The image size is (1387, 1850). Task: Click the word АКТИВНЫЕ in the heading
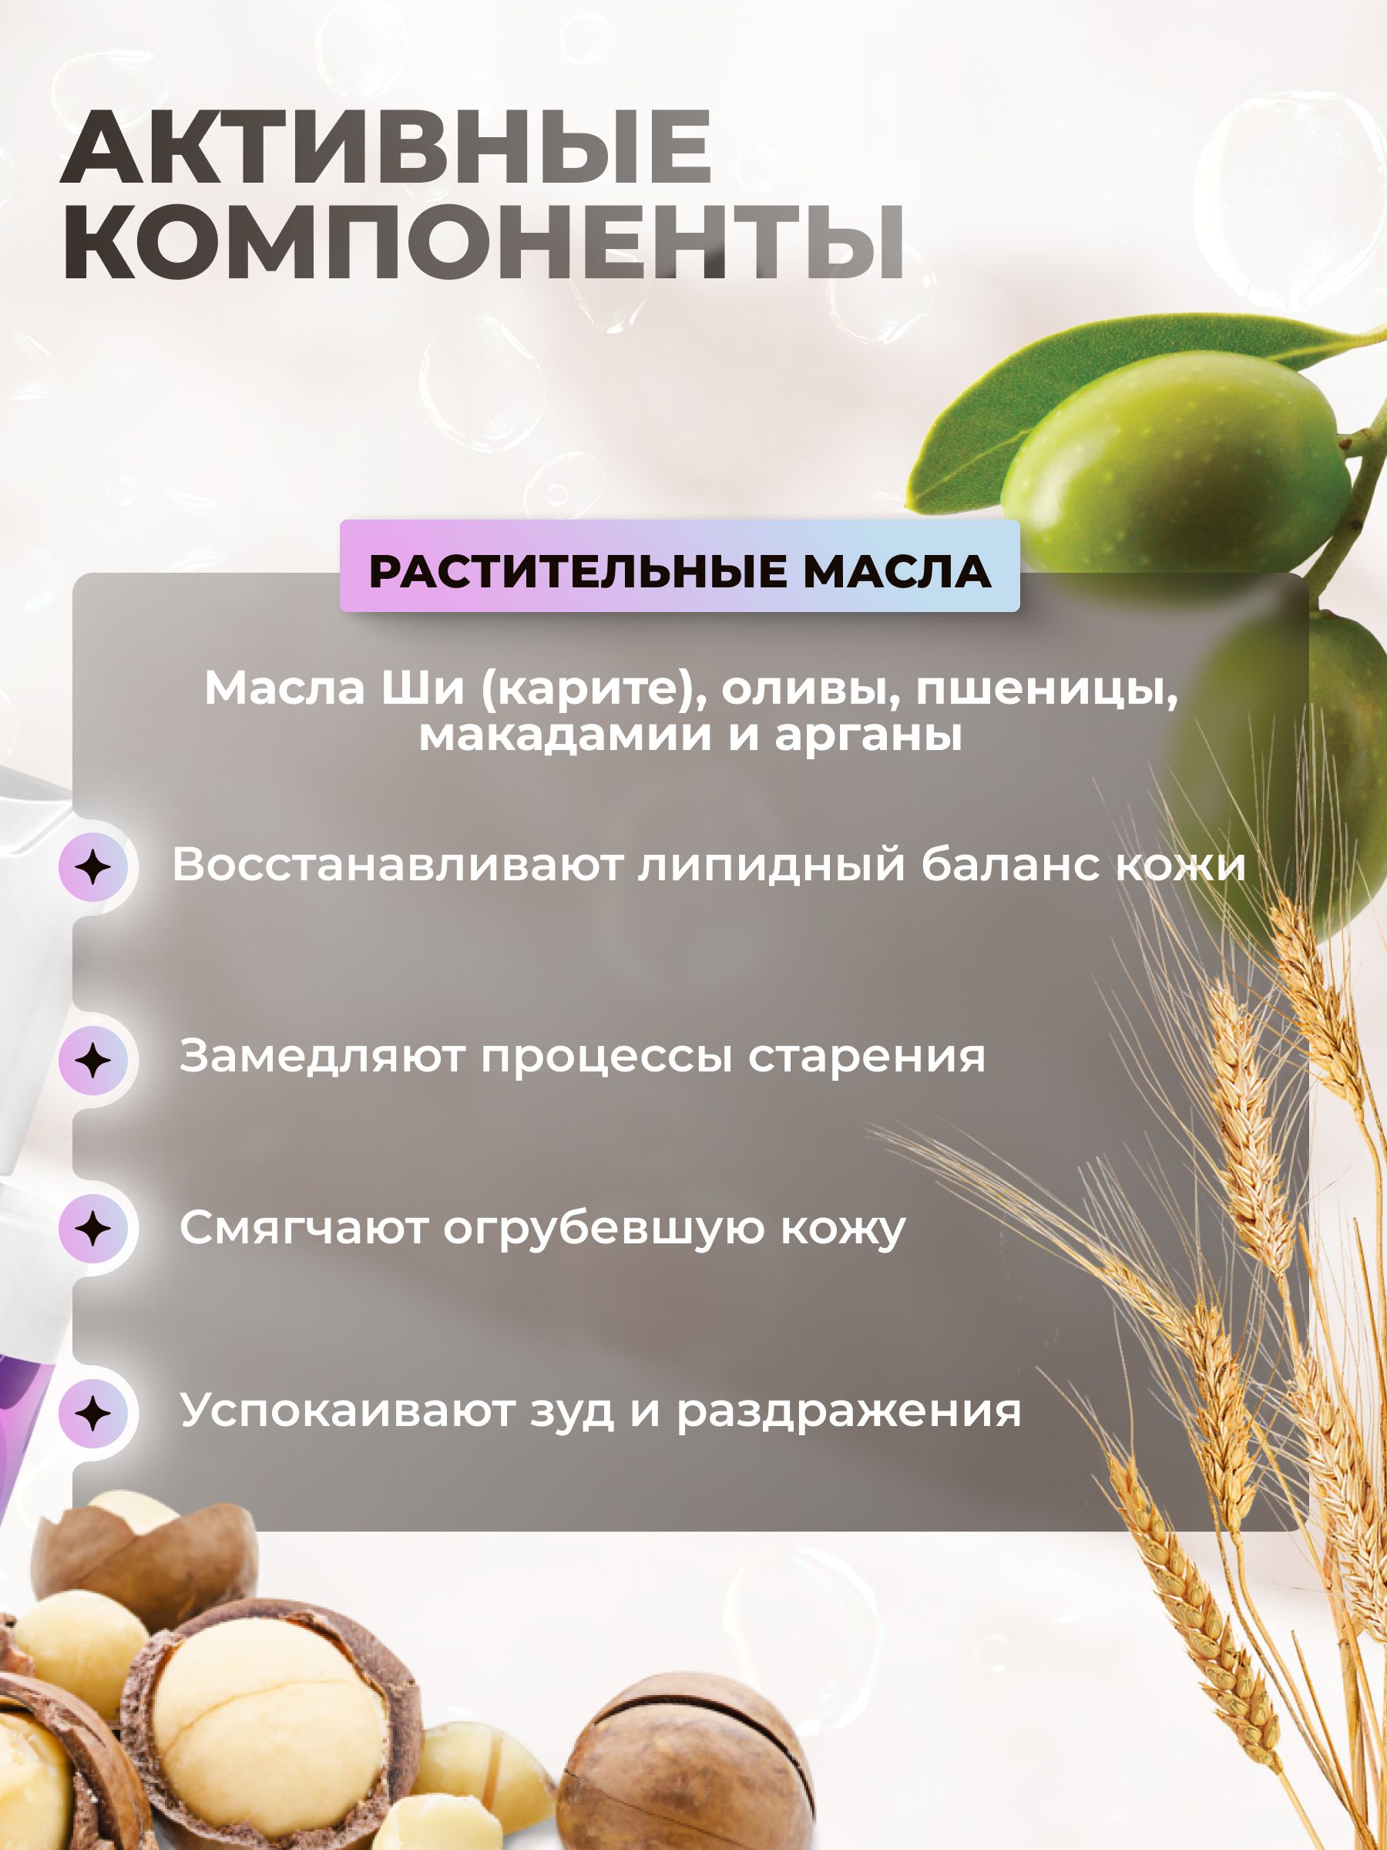click(386, 147)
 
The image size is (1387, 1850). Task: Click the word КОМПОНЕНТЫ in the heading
click(483, 243)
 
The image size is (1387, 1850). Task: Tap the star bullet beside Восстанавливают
click(92, 866)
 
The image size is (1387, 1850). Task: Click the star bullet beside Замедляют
click(92, 1061)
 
